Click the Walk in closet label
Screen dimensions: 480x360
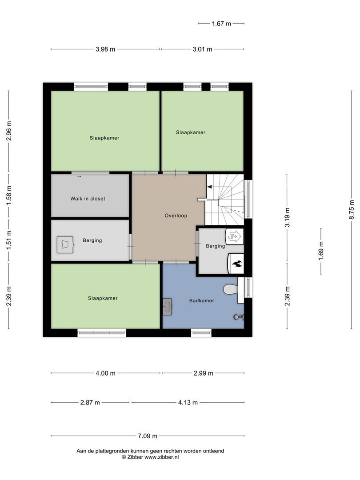pos(88,199)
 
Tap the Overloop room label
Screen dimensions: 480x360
pos(176,216)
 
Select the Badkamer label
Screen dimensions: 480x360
pos(201,300)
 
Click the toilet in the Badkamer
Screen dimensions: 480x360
pos(230,290)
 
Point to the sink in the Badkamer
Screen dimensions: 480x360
pos(168,307)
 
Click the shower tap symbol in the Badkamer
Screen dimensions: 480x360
pos(238,317)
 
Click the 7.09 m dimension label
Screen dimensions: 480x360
pos(147,436)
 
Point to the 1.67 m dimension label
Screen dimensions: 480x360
pos(221,24)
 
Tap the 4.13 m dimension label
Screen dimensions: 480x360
pos(188,402)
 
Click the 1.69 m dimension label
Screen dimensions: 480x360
pos(321,250)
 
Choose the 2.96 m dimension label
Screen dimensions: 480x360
pos(9,131)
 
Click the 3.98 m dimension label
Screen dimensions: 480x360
pos(105,49)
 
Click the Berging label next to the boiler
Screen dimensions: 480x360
pos(215,246)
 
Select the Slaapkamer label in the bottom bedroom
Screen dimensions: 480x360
pos(103,298)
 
